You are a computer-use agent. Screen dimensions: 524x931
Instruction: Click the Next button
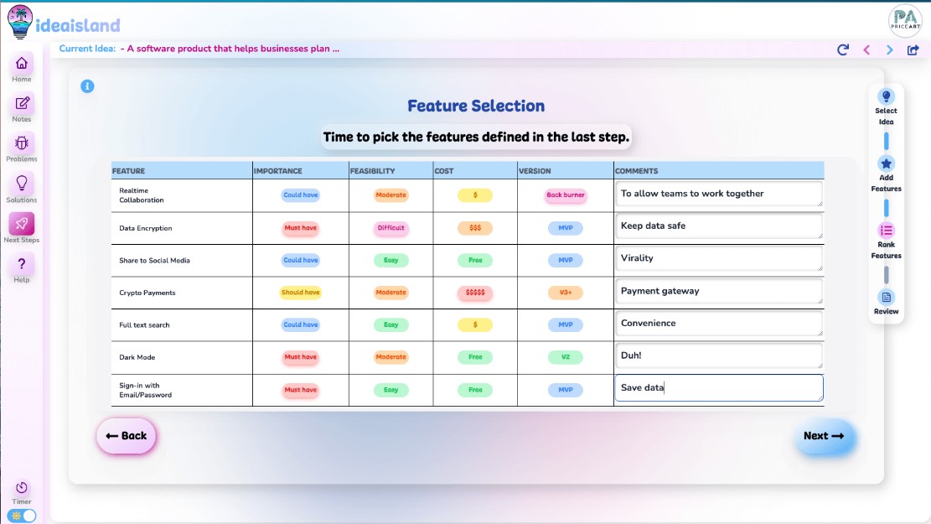pyautogui.click(x=825, y=436)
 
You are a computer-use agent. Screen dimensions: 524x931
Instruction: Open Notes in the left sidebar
pyautogui.click(x=22, y=104)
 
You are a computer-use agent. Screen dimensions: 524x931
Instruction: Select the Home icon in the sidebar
pyautogui.click(x=22, y=64)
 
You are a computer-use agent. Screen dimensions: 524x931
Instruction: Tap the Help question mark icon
pyautogui.click(x=22, y=265)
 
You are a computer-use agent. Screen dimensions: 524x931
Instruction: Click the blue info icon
pyautogui.click(x=87, y=86)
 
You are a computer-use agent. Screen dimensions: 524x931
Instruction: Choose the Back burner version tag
pyautogui.click(x=566, y=195)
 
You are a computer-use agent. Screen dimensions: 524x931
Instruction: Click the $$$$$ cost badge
pyautogui.click(x=475, y=293)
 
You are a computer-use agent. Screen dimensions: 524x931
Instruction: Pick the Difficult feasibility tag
pyautogui.click(x=391, y=228)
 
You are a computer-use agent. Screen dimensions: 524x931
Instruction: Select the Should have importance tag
pyautogui.click(x=300, y=293)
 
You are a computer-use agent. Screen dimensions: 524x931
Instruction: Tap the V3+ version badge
pyautogui.click(x=566, y=293)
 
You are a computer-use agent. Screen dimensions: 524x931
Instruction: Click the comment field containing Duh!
pyautogui.click(x=718, y=355)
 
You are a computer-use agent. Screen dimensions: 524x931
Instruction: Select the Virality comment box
pyautogui.click(x=718, y=258)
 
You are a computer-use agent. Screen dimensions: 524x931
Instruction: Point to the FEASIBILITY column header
pyautogui.click(x=373, y=171)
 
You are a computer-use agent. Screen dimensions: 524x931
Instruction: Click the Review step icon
pyautogui.click(x=887, y=297)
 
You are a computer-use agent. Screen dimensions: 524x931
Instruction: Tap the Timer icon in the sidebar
pyautogui.click(x=22, y=488)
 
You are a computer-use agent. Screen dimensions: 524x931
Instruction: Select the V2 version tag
pyautogui.click(x=566, y=357)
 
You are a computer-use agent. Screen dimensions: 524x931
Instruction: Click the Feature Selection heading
pyautogui.click(x=476, y=106)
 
